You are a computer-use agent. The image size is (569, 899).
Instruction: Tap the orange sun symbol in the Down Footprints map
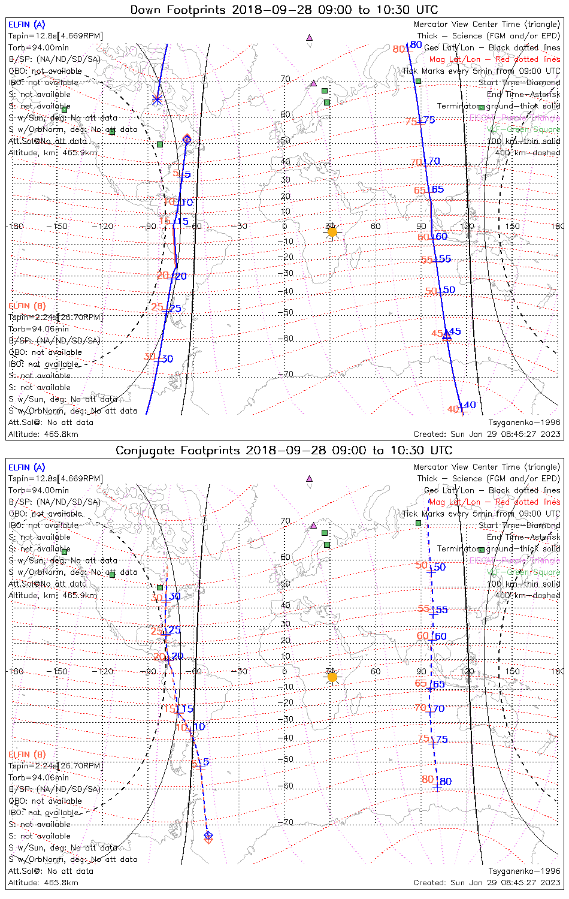[332, 232]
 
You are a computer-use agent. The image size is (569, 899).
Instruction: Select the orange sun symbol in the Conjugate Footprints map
[332, 677]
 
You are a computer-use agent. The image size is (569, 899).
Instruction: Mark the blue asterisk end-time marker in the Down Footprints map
[157, 100]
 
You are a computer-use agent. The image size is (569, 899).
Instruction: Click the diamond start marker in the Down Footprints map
[187, 139]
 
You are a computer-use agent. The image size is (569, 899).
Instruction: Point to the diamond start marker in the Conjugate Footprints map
[208, 835]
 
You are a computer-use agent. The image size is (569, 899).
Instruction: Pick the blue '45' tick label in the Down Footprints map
[455, 331]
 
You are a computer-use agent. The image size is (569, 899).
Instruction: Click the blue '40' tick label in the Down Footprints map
[470, 405]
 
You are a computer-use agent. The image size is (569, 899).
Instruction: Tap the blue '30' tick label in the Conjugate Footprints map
[175, 596]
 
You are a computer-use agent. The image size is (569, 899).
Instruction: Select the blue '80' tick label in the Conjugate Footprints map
[446, 782]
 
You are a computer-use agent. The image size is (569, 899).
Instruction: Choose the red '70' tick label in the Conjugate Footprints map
[420, 708]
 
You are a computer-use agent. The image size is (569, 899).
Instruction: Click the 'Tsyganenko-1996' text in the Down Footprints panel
[524, 423]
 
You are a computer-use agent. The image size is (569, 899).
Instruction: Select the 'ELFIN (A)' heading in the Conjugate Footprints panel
[27, 467]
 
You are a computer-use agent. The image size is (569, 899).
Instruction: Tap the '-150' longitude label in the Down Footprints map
[60, 227]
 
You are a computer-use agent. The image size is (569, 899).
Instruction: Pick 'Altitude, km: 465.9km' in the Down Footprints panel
[53, 153]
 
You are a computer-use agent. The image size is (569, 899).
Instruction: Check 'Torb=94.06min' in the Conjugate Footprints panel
[38, 777]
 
